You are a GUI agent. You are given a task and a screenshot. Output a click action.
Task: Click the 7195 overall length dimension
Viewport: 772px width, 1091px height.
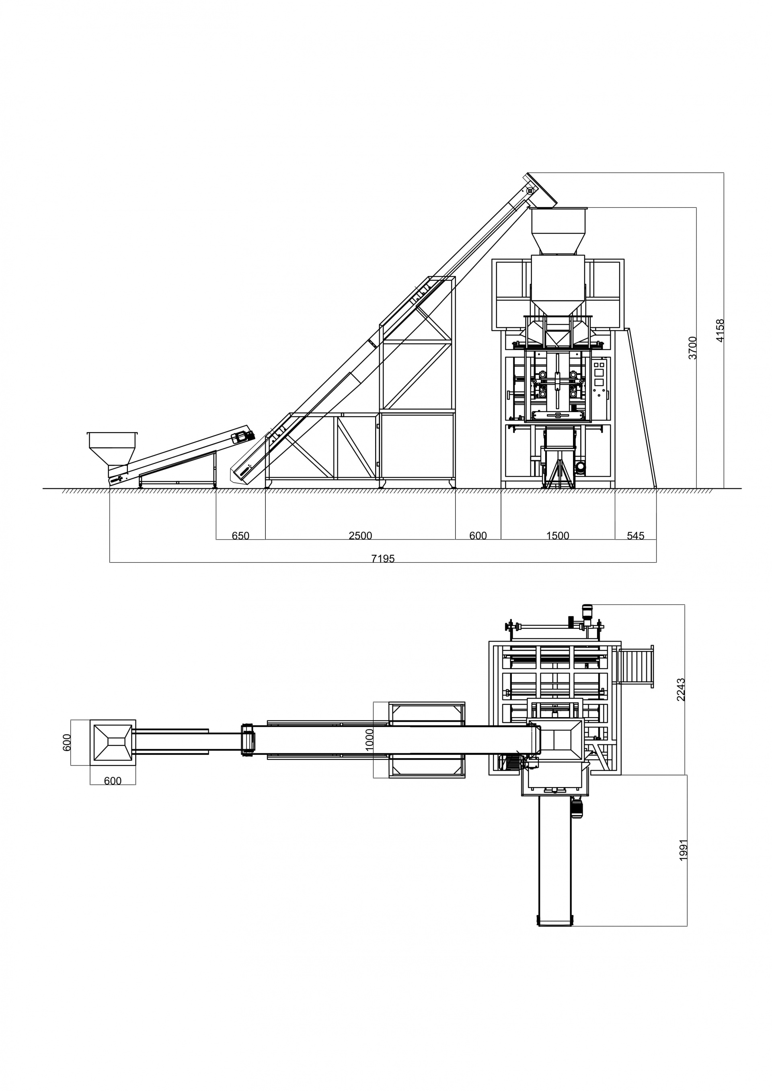383,559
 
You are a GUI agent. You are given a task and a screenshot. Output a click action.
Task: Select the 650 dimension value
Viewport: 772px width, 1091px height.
240,536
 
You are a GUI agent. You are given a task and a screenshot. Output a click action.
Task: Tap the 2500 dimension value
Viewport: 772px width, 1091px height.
360,536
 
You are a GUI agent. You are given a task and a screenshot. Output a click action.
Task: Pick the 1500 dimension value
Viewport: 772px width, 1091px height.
558,536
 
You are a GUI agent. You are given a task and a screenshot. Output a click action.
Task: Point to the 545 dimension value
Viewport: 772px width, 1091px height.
636,536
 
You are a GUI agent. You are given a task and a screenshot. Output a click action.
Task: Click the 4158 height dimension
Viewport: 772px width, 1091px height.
720,330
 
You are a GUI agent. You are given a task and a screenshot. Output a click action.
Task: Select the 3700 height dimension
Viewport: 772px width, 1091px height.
693,347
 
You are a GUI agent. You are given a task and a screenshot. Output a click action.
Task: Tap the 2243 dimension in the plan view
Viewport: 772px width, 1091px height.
681,689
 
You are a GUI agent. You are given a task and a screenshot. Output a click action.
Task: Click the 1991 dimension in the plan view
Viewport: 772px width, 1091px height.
684,850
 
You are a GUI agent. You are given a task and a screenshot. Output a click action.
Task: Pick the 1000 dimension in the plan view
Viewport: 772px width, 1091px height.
370,740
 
